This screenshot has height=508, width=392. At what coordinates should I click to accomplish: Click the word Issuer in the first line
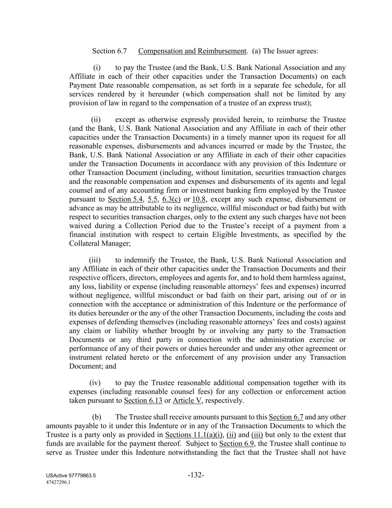tap(286, 51)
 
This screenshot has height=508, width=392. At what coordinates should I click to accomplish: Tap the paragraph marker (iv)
tap(95, 383)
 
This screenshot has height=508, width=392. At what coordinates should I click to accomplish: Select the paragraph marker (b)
tap(97, 417)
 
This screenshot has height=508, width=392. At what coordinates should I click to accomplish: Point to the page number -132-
tap(196, 475)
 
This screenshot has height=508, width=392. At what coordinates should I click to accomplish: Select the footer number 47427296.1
tap(58, 482)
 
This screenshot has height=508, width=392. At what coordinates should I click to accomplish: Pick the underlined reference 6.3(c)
tap(171, 199)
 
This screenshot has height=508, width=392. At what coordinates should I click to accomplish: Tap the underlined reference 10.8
tap(199, 199)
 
